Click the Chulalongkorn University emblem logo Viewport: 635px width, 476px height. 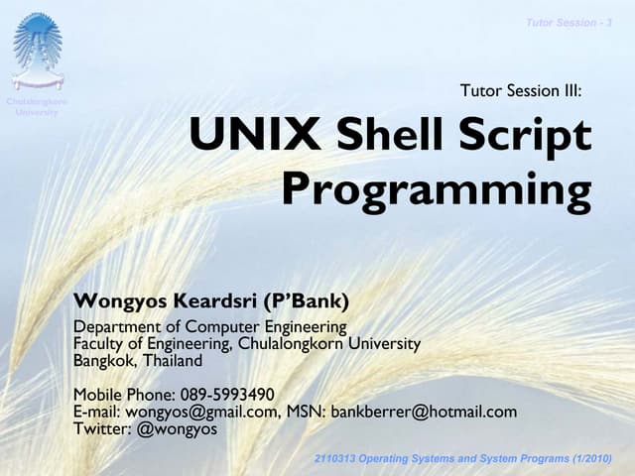(38, 50)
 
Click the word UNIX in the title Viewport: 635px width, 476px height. (241, 137)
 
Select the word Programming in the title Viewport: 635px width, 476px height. (436, 188)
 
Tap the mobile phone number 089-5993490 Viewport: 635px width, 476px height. (227, 395)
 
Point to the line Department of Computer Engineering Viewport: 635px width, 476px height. (210, 326)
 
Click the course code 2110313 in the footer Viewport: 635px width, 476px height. (338, 457)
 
